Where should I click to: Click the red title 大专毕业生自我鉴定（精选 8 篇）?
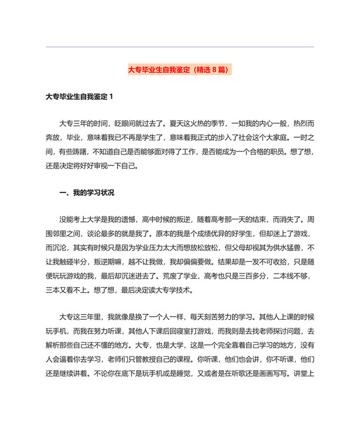179,69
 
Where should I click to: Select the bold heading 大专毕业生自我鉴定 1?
79,97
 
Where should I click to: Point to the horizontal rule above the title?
180,47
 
